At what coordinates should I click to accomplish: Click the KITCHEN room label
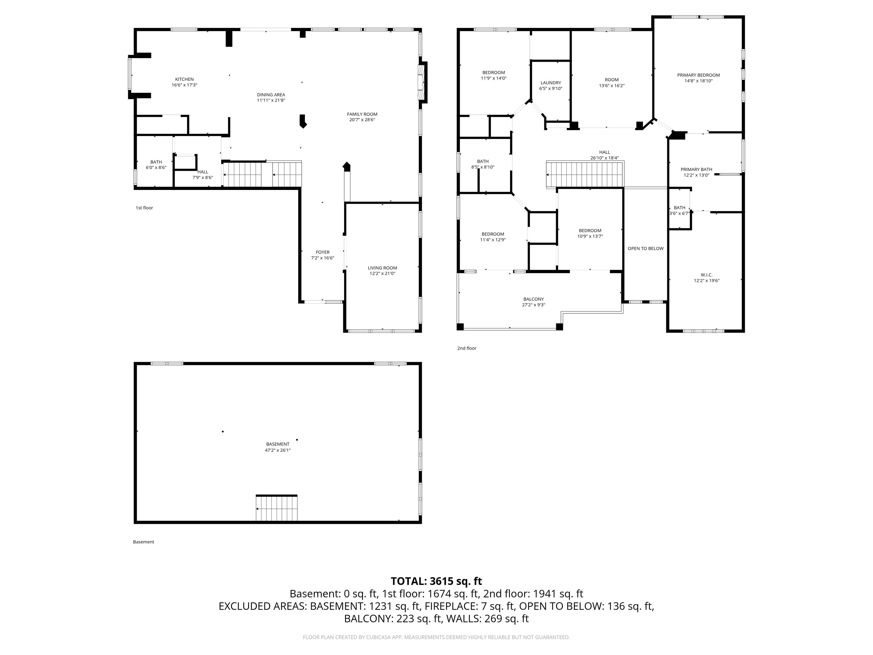184,79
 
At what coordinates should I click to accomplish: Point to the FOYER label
323,252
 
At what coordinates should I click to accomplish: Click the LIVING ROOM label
382,268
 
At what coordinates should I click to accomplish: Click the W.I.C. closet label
706,275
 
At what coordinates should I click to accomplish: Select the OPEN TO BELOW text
646,248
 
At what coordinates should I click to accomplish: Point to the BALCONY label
534,299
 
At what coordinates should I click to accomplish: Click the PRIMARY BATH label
696,169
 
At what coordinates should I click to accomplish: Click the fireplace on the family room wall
422,83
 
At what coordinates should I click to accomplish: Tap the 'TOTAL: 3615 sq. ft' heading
436,581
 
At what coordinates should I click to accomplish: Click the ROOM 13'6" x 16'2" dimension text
612,85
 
